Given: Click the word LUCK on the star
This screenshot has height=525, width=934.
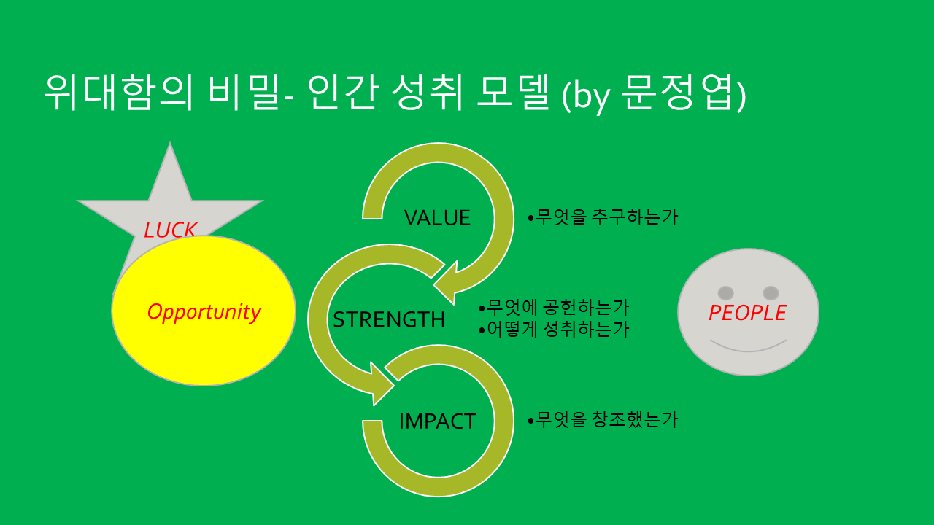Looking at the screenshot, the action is tap(170, 230).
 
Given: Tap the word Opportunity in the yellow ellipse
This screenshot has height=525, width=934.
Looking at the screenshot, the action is tap(204, 311).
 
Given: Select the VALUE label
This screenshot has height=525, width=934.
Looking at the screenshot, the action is tap(437, 217).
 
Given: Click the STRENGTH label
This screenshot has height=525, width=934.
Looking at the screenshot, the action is tap(389, 319).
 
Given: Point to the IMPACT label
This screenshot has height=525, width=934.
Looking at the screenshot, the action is tap(437, 421).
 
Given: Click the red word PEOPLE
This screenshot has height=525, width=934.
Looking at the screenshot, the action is tap(747, 313).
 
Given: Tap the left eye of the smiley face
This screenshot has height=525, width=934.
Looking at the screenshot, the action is tap(725, 292).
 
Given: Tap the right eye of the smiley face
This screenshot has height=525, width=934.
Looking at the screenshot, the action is tap(771, 292).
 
